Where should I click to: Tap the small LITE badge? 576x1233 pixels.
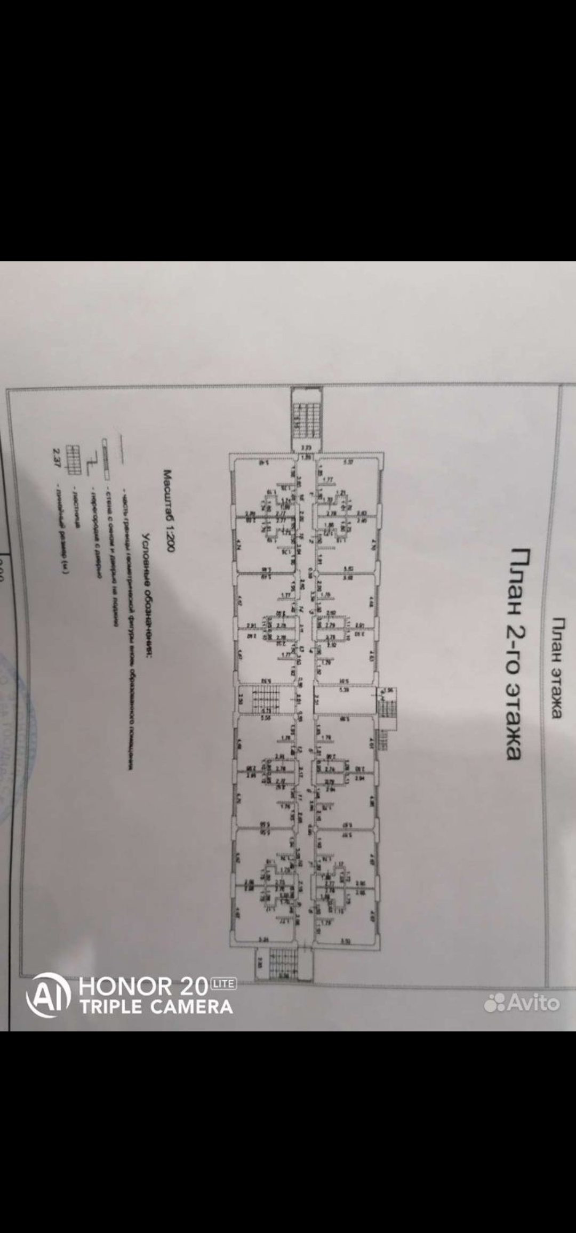coord(224,983)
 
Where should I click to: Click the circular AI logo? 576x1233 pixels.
coord(49,995)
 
